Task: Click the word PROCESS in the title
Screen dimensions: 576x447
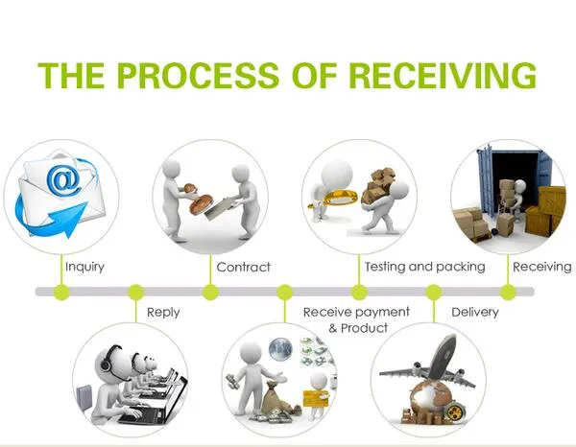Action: tap(198, 75)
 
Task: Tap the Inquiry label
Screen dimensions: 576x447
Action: tap(84, 268)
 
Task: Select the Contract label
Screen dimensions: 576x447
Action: tap(244, 267)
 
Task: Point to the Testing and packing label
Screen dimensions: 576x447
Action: tap(425, 267)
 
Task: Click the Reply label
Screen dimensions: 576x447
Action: tap(163, 313)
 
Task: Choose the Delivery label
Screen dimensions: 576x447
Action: tap(475, 313)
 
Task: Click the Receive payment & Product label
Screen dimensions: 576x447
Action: tap(356, 319)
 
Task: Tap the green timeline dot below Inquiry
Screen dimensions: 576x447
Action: tap(61, 293)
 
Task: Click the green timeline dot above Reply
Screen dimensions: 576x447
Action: tap(136, 293)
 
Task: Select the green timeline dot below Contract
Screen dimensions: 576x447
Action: tap(210, 293)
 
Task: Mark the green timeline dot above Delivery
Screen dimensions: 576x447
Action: tap(434, 293)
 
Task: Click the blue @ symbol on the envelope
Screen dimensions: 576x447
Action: tap(64, 179)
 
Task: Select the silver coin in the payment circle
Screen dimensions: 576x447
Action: tap(280, 349)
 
